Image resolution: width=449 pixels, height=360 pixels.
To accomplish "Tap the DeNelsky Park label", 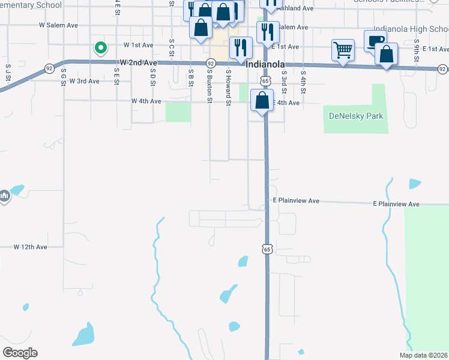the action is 356,115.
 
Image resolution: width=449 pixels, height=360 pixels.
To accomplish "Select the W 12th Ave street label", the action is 30,247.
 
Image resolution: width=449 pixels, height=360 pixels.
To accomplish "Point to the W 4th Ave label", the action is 146,101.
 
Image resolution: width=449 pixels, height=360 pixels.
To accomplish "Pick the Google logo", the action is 20,353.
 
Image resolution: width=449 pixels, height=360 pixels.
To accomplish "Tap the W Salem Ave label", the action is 58,26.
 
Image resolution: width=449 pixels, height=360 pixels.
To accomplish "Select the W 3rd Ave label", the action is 84,80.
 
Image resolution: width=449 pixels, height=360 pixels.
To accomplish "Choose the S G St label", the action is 63,78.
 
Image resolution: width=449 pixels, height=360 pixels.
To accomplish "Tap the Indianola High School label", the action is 411,28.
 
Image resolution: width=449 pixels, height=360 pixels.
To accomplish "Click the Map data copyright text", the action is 424,355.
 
